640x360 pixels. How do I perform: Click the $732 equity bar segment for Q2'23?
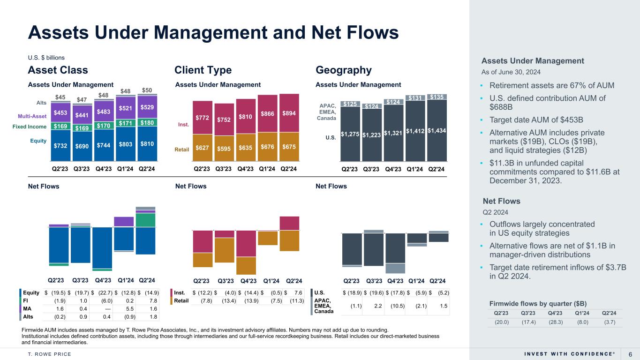[60, 145]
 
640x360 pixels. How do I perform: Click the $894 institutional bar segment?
[289, 113]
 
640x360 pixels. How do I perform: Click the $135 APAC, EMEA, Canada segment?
[437, 97]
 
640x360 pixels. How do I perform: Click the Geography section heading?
[344, 70]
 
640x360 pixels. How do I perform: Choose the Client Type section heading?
[203, 70]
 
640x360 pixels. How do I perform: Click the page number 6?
[630, 354]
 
